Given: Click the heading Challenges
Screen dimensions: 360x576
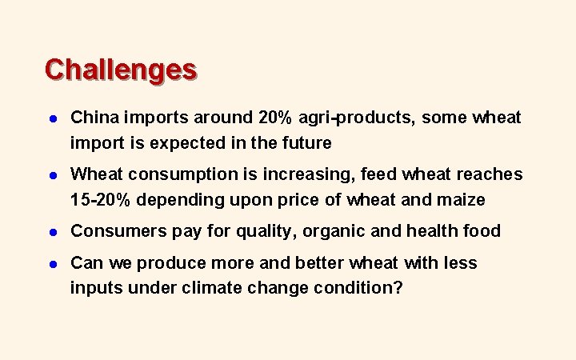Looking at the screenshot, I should click(x=121, y=70).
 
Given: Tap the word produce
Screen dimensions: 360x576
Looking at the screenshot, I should click(x=177, y=263).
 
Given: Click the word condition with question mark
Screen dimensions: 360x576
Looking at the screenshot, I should click(x=359, y=288).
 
